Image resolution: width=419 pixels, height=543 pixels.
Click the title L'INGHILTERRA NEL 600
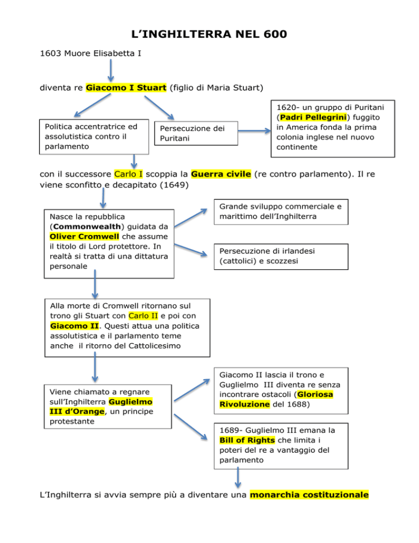click(x=209, y=34)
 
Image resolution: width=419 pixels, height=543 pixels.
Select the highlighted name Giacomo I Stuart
click(x=126, y=87)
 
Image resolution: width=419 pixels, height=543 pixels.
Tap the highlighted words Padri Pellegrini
click(x=313, y=117)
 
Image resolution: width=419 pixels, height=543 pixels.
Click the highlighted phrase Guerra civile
click(x=221, y=174)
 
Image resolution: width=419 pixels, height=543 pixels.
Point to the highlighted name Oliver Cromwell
click(x=84, y=237)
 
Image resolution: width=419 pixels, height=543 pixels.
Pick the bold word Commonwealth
click(x=87, y=227)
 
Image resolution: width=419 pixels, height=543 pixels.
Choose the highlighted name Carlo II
click(x=143, y=316)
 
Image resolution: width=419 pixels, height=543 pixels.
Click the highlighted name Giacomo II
click(x=74, y=326)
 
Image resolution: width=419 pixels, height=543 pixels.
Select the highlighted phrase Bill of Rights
click(x=247, y=440)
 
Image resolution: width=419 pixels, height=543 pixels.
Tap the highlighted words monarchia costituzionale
click(x=309, y=494)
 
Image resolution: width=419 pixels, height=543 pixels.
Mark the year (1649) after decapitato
click(x=174, y=185)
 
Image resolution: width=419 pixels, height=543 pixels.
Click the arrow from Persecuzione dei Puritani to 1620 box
click(x=254, y=131)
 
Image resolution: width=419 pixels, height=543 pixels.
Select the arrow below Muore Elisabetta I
click(x=111, y=70)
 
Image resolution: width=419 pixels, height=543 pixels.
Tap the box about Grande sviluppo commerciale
click(x=281, y=212)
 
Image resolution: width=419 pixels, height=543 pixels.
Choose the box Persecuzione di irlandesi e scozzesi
click(x=281, y=257)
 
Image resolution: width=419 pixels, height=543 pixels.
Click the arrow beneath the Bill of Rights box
click(x=238, y=477)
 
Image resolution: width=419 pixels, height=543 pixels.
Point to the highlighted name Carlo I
click(x=128, y=174)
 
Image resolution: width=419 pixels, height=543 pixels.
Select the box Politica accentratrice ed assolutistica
click(x=94, y=137)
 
